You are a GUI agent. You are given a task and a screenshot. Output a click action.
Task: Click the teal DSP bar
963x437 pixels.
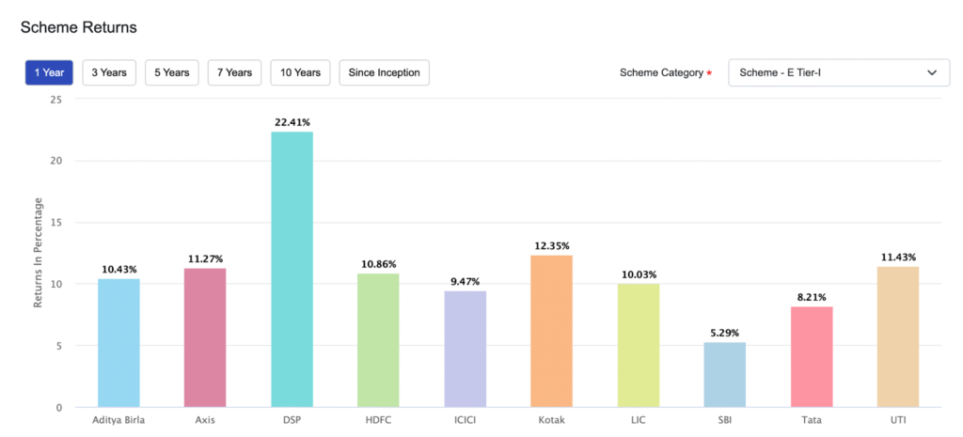(292, 270)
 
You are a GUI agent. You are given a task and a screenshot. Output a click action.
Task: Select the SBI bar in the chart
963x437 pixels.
(724, 375)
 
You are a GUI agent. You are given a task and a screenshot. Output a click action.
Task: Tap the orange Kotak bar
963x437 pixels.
(551, 331)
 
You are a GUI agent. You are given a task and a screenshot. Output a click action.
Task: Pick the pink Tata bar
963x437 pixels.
(811, 357)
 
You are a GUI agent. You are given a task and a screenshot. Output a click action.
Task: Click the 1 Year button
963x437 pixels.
(49, 72)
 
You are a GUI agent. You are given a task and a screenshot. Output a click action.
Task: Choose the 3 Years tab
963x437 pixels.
(110, 72)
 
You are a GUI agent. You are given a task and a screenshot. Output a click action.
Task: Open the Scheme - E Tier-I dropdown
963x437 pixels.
(839, 72)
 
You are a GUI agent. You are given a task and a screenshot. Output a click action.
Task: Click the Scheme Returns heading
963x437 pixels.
(79, 27)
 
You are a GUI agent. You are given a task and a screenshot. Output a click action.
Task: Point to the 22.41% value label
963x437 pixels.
(292, 122)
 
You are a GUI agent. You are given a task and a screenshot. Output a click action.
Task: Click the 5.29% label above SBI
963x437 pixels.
(724, 333)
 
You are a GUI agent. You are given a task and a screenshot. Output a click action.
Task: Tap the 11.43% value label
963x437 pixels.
(897, 258)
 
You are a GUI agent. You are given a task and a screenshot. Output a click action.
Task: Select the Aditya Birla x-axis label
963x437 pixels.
(118, 420)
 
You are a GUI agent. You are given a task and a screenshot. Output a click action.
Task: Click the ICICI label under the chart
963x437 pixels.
(465, 420)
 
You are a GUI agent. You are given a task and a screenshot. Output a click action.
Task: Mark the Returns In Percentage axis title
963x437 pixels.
(39, 253)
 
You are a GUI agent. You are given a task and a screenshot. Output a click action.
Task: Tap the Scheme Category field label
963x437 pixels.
(661, 72)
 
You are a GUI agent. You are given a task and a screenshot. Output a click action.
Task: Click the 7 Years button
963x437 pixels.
(233, 72)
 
